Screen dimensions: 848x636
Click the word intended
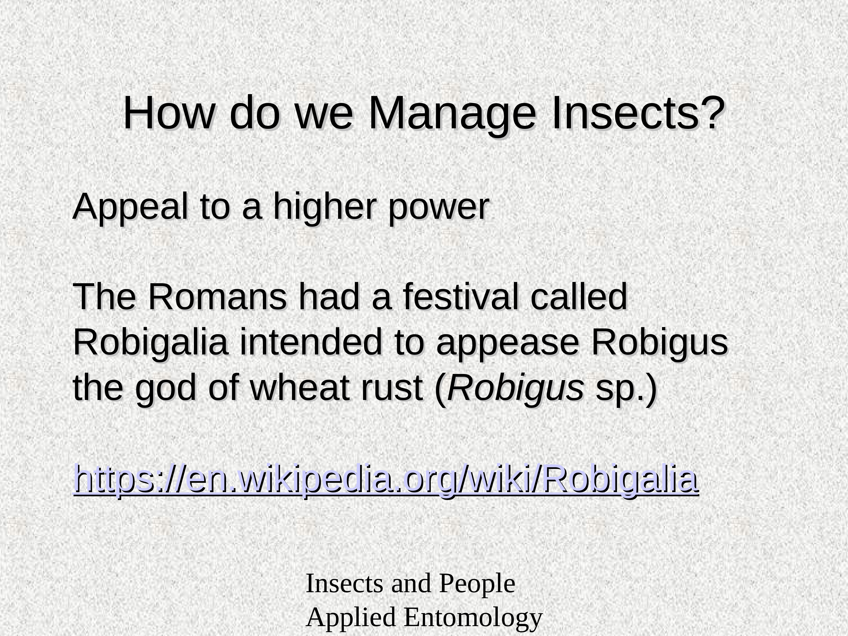click(311, 342)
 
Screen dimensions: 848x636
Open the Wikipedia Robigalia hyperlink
click(386, 479)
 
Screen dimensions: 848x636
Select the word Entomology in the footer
click(473, 618)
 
